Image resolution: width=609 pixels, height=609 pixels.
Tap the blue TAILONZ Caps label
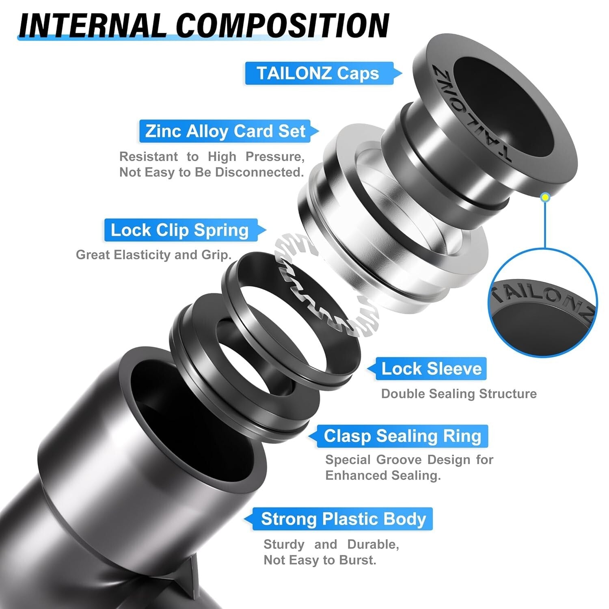tap(318, 73)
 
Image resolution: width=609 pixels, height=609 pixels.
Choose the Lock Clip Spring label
tap(179, 230)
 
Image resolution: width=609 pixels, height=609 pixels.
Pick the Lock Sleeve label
tap(431, 369)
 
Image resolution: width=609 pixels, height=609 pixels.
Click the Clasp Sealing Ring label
tap(402, 436)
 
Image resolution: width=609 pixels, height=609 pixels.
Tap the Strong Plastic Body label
tap(343, 519)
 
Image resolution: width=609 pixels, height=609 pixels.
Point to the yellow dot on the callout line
tap(546, 197)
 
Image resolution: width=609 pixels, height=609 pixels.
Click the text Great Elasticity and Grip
tap(153, 255)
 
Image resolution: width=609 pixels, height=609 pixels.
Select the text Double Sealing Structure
tap(459, 394)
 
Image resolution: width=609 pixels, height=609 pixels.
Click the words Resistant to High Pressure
tap(212, 157)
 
